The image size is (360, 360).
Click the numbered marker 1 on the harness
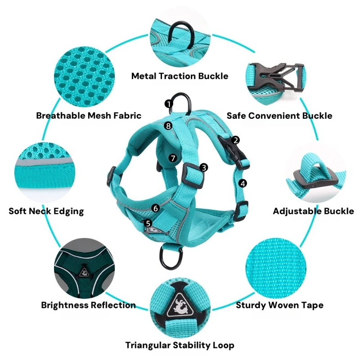(169, 104)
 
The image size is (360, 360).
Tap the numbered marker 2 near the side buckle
(235, 140)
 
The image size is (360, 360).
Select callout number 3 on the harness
(204, 167)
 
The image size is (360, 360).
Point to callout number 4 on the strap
(243, 184)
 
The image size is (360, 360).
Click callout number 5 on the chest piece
(148, 223)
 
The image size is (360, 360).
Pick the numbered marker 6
(156, 208)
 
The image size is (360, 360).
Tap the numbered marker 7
(173, 158)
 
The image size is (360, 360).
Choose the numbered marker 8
(168, 126)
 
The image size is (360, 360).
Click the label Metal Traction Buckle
(180, 76)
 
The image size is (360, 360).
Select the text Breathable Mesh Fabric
(89, 116)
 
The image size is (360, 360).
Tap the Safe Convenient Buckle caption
(279, 116)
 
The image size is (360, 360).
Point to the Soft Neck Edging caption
(46, 211)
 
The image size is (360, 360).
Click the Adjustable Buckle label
(313, 211)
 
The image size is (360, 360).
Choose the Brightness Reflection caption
(88, 305)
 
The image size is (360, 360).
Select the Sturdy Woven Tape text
(279, 305)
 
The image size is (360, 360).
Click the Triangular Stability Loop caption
(180, 345)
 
